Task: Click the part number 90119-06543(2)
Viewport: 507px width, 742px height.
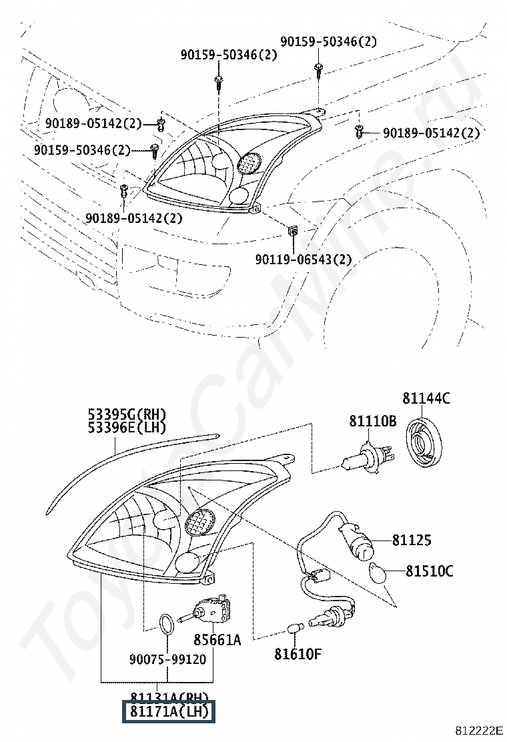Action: click(303, 260)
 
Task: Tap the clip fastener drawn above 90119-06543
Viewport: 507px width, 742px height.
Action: click(292, 231)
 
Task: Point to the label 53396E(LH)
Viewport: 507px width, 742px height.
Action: click(126, 428)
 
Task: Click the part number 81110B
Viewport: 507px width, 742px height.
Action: click(372, 422)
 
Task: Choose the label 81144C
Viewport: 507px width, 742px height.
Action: click(426, 399)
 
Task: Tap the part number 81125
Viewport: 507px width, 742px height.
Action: click(412, 540)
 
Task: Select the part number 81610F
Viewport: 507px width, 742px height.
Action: click(298, 653)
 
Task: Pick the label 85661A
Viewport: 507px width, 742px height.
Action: click(217, 640)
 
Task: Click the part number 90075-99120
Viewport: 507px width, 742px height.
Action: click(167, 659)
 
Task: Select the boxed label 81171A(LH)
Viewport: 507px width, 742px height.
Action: click(169, 712)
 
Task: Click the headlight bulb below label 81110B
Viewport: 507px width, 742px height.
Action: click(364, 458)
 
